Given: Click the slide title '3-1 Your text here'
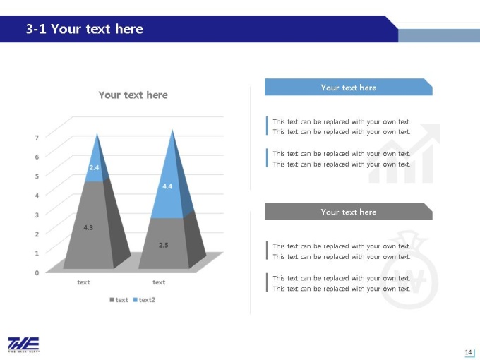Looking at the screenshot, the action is (x=85, y=29).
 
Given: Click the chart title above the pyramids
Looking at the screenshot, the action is (x=133, y=95).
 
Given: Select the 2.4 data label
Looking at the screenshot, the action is (x=94, y=167).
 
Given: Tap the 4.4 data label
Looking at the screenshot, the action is (x=167, y=186).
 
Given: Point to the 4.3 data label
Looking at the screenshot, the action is (x=88, y=227).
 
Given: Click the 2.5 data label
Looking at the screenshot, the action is (x=164, y=245).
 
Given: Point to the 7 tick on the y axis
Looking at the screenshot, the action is (x=37, y=138).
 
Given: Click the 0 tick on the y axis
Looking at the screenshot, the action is (x=37, y=272).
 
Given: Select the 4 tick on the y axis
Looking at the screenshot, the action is (x=37, y=196).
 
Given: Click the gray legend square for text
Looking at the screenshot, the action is (x=112, y=300).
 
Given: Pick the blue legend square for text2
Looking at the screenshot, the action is (x=135, y=300).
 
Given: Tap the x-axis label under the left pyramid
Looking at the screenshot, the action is (x=83, y=282).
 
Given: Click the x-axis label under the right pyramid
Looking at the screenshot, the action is (x=159, y=282).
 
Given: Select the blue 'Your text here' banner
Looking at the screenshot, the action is (x=349, y=88).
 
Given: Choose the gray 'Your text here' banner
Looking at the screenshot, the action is (x=349, y=212).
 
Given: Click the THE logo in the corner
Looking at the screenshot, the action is (x=23, y=344).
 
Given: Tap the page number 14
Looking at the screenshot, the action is (x=468, y=352).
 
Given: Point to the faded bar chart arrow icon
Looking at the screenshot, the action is (x=404, y=154).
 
